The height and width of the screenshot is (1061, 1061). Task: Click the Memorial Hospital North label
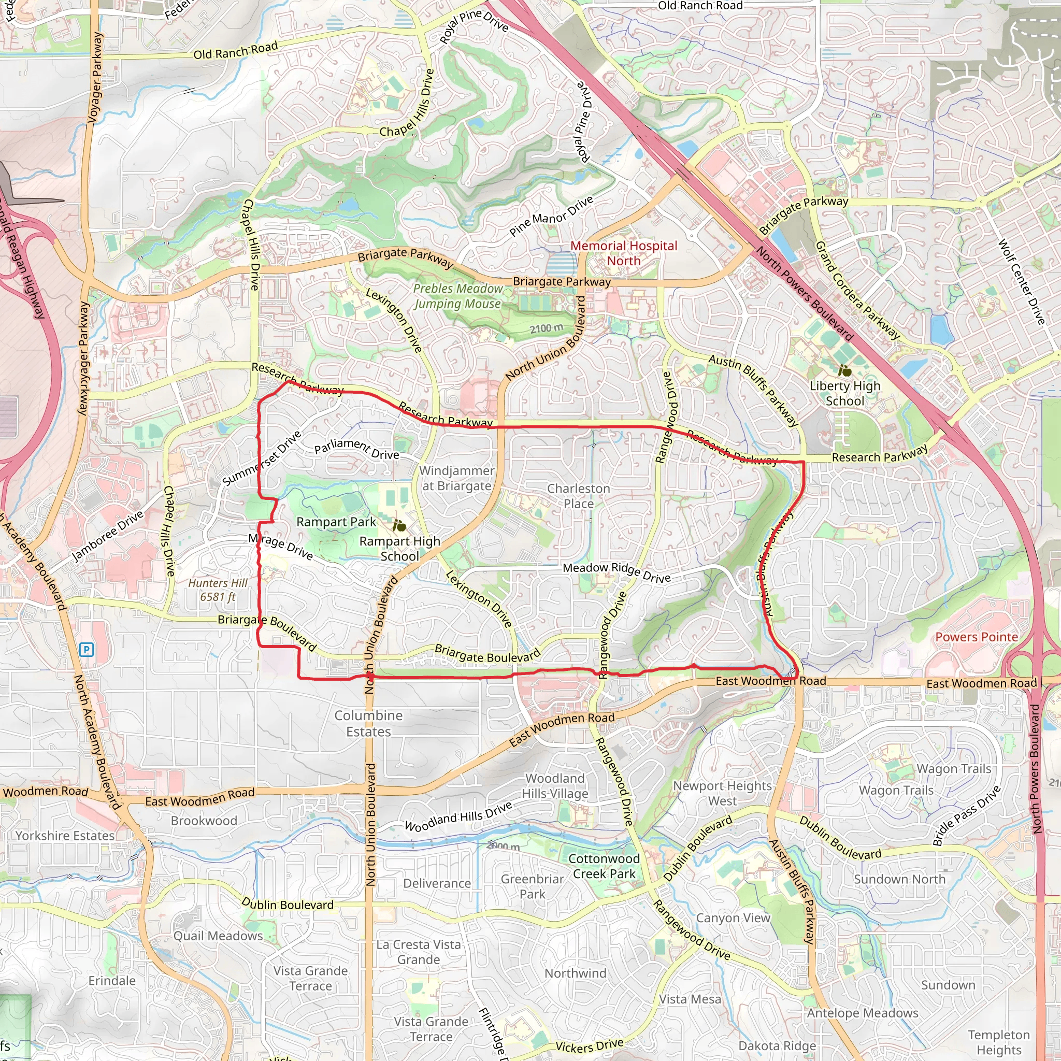click(623, 253)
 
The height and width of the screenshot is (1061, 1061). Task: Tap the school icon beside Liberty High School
click(845, 371)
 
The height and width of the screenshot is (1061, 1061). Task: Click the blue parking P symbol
click(86, 650)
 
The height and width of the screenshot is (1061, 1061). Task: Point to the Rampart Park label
click(336, 522)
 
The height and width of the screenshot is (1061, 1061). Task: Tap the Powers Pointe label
click(977, 637)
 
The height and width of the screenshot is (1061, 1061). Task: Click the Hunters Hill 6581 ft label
click(218, 590)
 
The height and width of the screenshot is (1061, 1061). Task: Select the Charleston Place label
click(578, 496)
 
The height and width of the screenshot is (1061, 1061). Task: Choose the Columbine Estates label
click(368, 723)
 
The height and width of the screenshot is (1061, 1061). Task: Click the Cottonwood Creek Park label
click(604, 866)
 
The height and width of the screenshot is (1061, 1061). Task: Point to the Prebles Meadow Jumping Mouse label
click(457, 296)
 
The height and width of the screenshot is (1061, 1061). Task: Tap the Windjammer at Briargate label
click(456, 478)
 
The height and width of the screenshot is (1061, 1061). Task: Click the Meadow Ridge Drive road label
click(616, 572)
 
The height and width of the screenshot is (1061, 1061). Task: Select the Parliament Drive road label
click(356, 448)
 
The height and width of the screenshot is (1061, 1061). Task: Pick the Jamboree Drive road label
click(108, 536)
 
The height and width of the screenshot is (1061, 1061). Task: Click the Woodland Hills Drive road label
click(458, 816)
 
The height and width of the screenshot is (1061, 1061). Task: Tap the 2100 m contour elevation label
click(547, 328)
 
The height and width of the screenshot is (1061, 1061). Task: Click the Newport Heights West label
click(722, 793)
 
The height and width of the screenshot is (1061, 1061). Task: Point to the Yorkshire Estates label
click(65, 835)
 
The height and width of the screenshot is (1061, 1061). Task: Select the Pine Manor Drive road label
click(551, 216)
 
